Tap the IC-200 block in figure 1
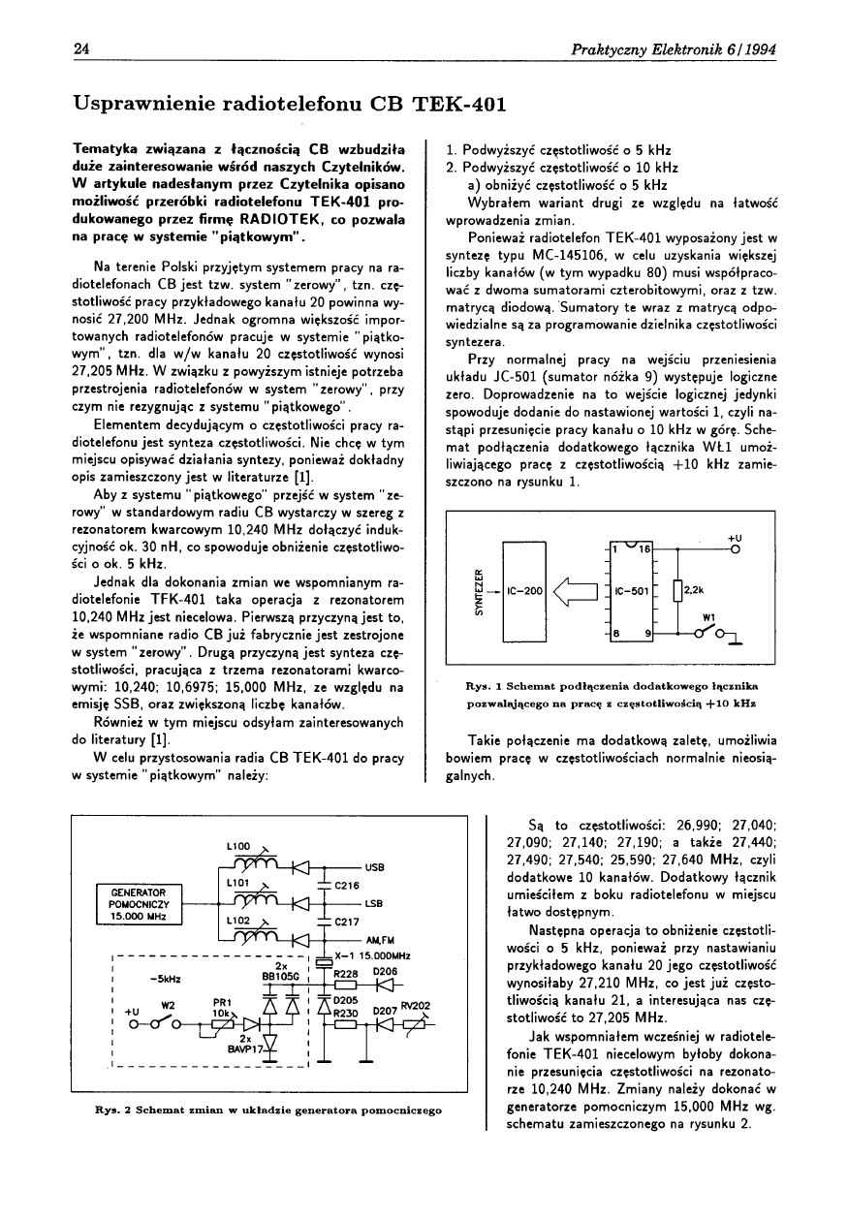coord(524,589)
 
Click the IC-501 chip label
coord(632,589)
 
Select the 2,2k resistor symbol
coord(677,588)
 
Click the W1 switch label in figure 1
coord(708,614)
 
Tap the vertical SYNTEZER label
coord(478,589)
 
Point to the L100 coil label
coord(237,846)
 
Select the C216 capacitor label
coord(347,885)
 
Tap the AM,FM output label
coord(379,940)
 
